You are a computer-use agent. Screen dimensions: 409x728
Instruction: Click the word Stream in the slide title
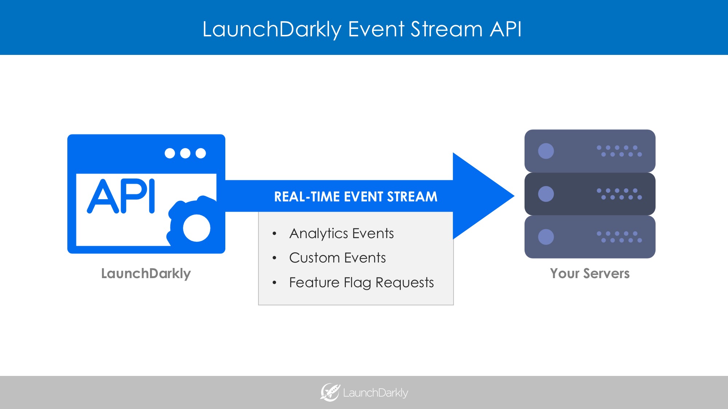pos(446,29)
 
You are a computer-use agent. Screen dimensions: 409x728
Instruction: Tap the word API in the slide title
pos(506,29)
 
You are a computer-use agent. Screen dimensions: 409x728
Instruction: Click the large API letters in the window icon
pos(121,196)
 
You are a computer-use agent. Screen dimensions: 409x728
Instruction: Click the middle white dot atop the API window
pos(185,153)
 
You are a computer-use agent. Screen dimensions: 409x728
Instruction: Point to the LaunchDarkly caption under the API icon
pos(146,273)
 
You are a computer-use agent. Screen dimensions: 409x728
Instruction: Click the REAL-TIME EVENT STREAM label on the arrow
pos(356,197)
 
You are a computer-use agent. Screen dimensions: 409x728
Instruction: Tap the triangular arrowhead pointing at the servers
pos(480,196)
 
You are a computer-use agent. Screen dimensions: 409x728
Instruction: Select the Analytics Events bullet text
pos(341,233)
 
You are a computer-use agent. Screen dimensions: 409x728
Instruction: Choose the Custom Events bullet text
pos(337,258)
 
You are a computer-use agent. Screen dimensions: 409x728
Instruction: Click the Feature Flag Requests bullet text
pos(361,282)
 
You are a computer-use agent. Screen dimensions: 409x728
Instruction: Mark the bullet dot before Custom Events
pos(274,258)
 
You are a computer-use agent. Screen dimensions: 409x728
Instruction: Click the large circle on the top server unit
pos(546,151)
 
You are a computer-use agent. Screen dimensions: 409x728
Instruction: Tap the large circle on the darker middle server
pos(546,194)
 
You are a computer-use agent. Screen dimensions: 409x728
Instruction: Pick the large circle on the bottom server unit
pos(546,237)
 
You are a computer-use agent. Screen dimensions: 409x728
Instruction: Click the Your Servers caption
pos(590,273)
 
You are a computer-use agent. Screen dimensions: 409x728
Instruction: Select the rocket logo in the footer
pos(330,392)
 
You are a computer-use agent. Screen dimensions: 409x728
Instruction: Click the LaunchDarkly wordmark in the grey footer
pos(375,393)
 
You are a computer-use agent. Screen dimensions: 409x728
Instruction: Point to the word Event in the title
pos(376,29)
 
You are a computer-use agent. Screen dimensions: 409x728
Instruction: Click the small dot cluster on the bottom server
pos(619,237)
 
